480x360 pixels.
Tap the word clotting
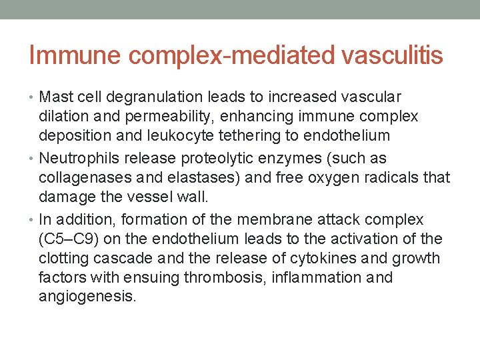64,258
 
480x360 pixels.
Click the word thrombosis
226,277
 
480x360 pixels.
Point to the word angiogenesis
87,297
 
